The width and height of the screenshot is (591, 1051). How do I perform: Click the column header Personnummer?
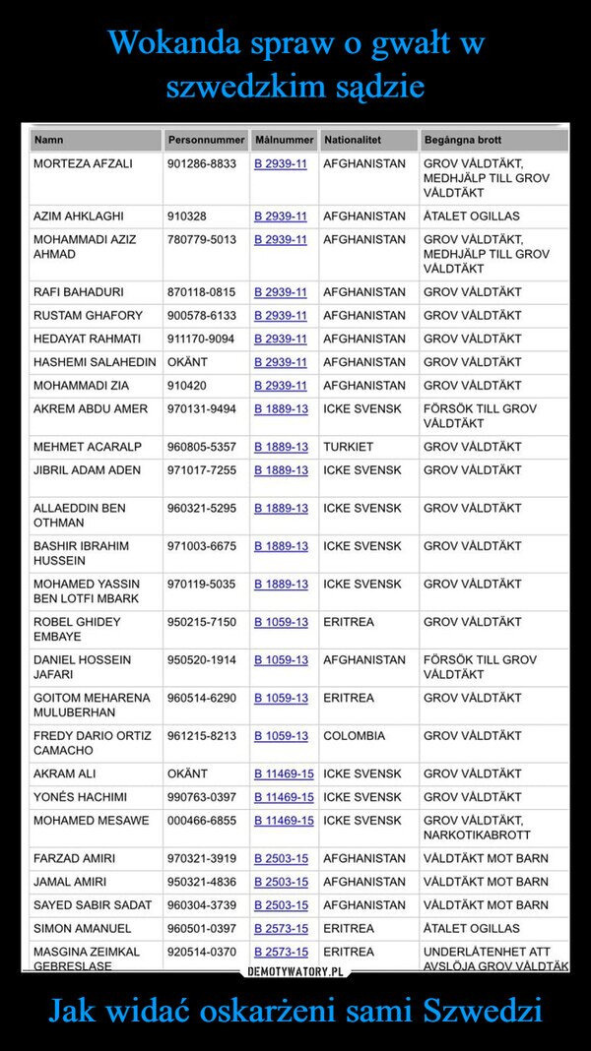coord(206,141)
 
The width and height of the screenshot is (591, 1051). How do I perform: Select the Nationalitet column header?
coord(352,141)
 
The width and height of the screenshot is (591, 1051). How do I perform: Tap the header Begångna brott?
coord(462,141)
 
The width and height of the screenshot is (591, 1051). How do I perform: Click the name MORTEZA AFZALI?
coord(83,162)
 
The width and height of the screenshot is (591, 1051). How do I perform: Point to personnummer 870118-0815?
coord(201,292)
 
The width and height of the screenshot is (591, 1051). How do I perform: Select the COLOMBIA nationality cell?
coord(355,735)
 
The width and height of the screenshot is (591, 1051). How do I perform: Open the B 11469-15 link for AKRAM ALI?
coord(284,773)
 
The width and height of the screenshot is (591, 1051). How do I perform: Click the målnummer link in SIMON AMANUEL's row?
coord(281,928)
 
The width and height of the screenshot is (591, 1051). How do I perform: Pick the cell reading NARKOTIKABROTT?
coord(477,835)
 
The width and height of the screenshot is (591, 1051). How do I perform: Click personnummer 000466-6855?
coord(201,821)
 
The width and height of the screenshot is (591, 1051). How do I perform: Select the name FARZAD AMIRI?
coord(74,858)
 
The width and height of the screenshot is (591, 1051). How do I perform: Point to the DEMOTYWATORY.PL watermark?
coord(295,972)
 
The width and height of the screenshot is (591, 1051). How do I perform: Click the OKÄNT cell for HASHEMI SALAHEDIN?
coord(187,363)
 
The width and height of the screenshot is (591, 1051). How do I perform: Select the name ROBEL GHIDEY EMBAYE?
coord(77,629)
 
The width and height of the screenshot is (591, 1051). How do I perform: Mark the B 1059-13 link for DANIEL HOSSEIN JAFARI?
coord(281,659)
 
